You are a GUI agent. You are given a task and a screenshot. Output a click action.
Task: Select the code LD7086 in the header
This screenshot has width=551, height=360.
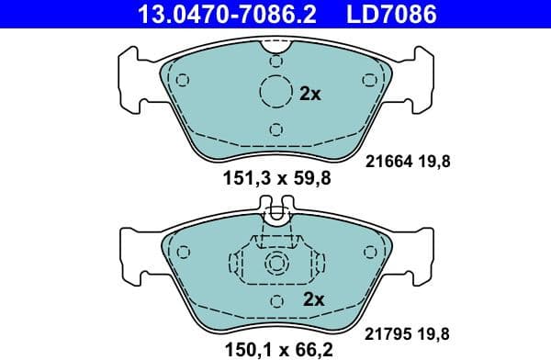point(392,14)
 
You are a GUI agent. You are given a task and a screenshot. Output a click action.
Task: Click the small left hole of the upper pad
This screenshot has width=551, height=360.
point(182,80)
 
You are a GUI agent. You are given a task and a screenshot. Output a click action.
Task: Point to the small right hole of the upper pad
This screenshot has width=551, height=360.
point(369,80)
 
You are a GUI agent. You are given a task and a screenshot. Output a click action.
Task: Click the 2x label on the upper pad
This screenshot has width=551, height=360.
point(311,93)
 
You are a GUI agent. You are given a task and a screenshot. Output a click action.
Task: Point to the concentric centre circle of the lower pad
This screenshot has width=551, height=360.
point(275,264)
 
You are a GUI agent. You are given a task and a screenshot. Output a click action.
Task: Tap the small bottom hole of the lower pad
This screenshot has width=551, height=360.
point(275,300)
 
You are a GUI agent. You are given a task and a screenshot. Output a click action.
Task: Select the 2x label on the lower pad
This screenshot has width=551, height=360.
point(314,298)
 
